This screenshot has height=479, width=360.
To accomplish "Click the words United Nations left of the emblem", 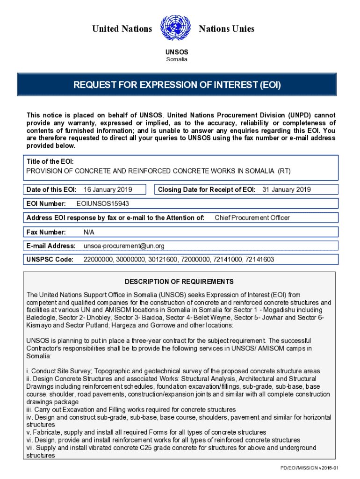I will pos(122,29).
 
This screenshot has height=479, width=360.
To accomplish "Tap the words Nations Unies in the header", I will pos(227,29).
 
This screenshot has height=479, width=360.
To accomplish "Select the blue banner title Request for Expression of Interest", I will pos(177,85).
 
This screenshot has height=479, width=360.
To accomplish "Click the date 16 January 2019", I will pos(108,189).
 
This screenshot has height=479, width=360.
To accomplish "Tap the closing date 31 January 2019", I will pos(286,189).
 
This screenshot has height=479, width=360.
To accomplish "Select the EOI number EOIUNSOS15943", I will pos(103,203).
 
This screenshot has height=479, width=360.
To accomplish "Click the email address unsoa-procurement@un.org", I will pos(124,246).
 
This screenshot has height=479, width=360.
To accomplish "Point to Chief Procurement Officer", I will pos(252,218).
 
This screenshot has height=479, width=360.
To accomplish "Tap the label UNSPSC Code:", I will pos(50,260).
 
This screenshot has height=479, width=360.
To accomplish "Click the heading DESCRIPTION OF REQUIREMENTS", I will pos(179,282).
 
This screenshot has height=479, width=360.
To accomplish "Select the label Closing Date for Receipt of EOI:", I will pos(207,189).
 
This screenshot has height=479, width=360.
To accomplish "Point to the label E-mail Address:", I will pos(51,246).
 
